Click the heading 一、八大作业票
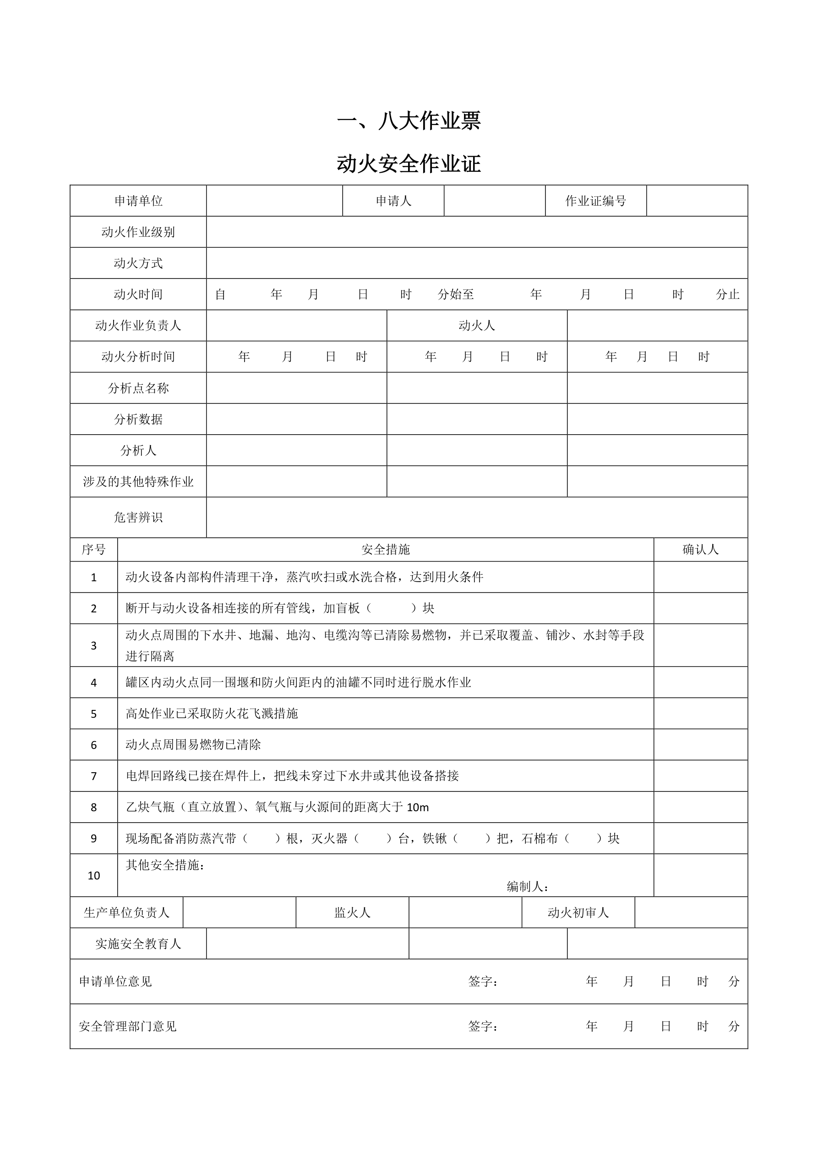[409, 120]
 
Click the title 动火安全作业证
[409, 164]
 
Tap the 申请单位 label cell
[138, 201]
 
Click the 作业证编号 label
[595, 201]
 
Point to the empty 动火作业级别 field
[476, 232]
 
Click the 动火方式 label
[138, 263]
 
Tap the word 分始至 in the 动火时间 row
[456, 295]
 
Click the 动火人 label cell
[476, 326]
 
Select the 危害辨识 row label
[138, 518]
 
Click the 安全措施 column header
[386, 549]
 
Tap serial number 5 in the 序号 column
[94, 714]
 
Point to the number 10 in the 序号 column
[94, 875]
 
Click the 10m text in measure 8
[417, 807]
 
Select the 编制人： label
[527, 886]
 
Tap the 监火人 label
[352, 912]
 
